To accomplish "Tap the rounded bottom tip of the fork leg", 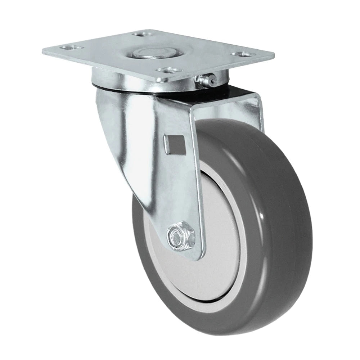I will tap(196, 257).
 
